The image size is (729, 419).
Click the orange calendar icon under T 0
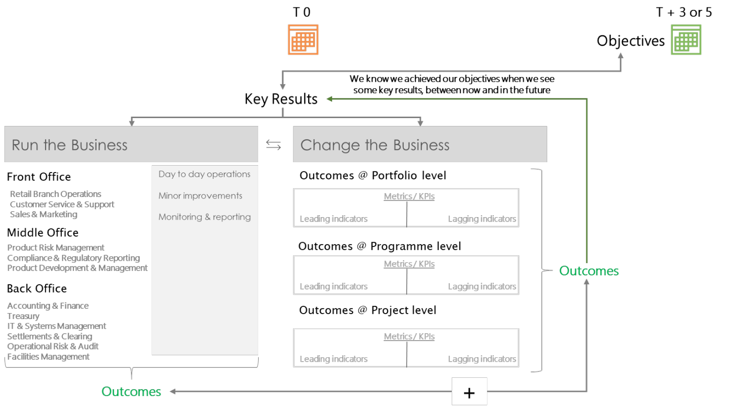click(303, 40)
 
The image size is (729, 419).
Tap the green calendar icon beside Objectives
click(686, 40)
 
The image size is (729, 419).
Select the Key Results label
click(281, 99)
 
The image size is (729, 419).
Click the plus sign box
click(469, 392)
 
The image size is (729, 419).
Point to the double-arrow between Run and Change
click(273, 145)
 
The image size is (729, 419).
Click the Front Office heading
click(39, 177)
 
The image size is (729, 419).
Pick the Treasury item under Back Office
click(24, 316)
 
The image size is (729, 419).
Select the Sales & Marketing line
click(44, 214)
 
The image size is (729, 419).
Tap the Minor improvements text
click(200, 196)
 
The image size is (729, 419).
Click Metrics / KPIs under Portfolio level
click(409, 197)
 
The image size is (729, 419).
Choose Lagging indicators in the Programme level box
click(482, 287)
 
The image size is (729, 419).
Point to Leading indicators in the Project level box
click(334, 359)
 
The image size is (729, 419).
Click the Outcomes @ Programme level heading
click(380, 246)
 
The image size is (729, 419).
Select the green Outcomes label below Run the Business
click(131, 392)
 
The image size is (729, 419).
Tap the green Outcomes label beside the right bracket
click(589, 271)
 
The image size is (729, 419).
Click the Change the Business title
click(375, 145)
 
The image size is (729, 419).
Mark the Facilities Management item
click(48, 357)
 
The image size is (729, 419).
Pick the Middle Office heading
click(43, 233)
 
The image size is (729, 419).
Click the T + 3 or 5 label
click(684, 12)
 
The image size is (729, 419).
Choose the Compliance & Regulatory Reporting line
click(73, 258)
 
